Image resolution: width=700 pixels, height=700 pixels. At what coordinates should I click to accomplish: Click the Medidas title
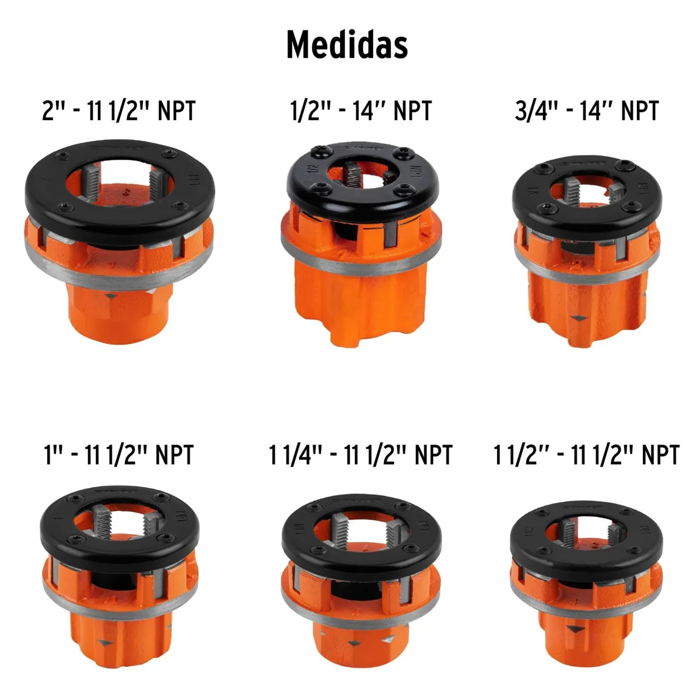tap(346, 44)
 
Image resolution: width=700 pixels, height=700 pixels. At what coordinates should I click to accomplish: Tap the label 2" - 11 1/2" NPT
tap(118, 110)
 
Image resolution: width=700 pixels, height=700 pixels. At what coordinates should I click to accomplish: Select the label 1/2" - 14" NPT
tap(361, 110)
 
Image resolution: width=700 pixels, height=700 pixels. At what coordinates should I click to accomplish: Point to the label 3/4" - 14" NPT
tap(586, 110)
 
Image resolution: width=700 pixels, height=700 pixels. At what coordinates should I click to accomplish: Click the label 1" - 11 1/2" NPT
tap(118, 454)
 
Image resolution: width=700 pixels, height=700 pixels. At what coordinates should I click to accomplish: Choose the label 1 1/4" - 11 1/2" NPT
tap(360, 454)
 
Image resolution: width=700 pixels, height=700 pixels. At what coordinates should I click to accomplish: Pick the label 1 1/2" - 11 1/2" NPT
tap(586, 454)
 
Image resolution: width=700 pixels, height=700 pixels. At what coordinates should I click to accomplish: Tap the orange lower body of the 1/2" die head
tap(362, 303)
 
